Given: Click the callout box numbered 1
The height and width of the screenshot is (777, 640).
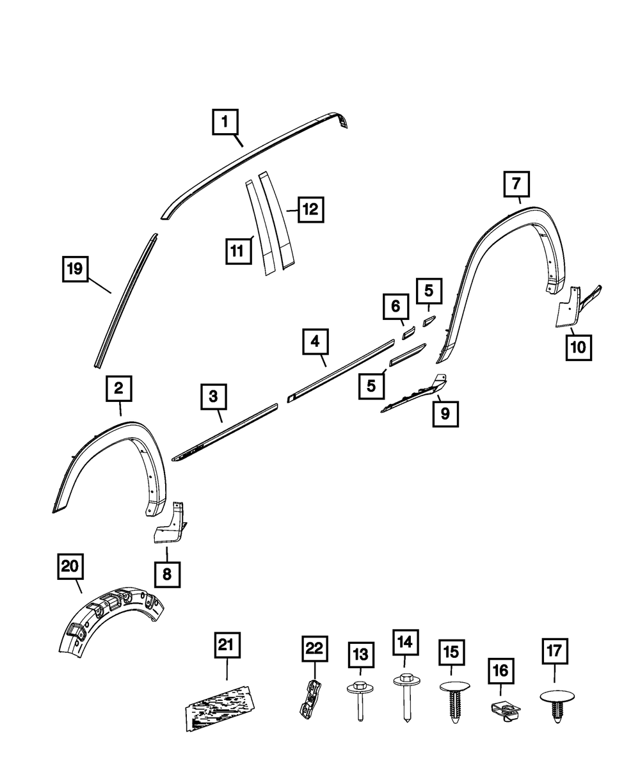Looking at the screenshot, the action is pyautogui.click(x=225, y=122).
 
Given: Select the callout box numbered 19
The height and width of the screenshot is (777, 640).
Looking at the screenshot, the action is pyautogui.click(x=75, y=269).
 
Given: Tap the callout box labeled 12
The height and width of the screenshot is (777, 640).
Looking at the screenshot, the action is pyautogui.click(x=309, y=209).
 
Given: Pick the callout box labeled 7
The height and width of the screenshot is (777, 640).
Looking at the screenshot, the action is pyautogui.click(x=516, y=185).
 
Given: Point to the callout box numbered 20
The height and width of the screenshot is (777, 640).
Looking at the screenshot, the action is pyautogui.click(x=70, y=566).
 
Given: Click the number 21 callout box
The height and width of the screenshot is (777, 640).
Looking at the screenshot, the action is pyautogui.click(x=227, y=645).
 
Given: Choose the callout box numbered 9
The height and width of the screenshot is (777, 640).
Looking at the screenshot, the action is pyautogui.click(x=445, y=414).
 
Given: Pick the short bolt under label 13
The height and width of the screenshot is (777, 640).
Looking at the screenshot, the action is pyautogui.click(x=359, y=701).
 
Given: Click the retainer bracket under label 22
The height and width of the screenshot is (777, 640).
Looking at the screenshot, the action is pyautogui.click(x=310, y=699).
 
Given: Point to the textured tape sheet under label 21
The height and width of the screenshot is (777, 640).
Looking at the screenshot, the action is pyautogui.click(x=219, y=707).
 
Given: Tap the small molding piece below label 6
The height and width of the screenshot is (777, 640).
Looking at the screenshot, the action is pyautogui.click(x=408, y=333).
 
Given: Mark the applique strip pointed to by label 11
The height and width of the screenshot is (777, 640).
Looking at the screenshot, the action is pyautogui.click(x=259, y=227).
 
